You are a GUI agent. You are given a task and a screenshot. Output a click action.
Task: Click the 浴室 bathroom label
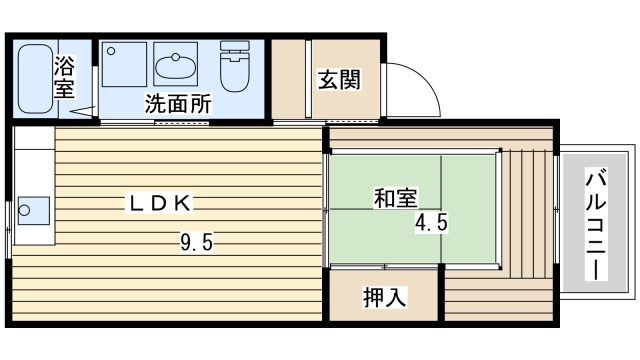tap(64, 79)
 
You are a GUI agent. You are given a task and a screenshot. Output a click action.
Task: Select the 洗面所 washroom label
tap(177, 102)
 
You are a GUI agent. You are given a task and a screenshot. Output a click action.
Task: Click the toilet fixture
tap(235, 66)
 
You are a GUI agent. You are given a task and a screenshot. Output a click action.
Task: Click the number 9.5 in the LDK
tap(196, 241)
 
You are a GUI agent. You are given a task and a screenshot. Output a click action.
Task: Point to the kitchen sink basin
tap(34, 211)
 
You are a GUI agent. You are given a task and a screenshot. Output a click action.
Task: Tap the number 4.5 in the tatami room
tap(431, 224)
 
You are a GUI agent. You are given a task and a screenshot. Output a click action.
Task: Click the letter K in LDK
tap(183, 202)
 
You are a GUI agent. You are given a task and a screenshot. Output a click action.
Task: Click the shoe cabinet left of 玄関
tap(290, 79)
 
